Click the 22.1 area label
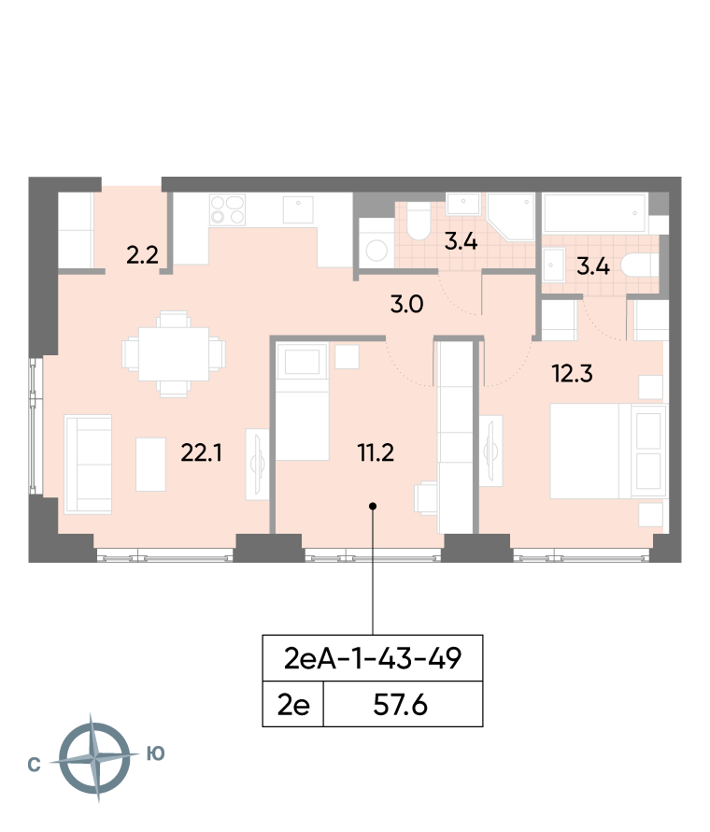(x=201, y=453)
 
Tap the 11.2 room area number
(x=376, y=453)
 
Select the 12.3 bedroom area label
(x=572, y=374)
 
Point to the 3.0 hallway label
(x=406, y=305)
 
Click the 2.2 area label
(x=142, y=255)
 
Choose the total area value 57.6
(x=401, y=705)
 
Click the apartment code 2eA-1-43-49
(x=373, y=658)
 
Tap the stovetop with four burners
(x=227, y=209)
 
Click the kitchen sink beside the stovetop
(x=298, y=209)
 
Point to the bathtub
(x=594, y=213)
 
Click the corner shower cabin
(x=511, y=218)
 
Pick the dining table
(x=174, y=354)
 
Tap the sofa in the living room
(x=88, y=465)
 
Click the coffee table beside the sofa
(x=151, y=465)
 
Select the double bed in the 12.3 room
(x=607, y=451)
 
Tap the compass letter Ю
(x=156, y=753)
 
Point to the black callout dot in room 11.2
(x=373, y=506)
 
